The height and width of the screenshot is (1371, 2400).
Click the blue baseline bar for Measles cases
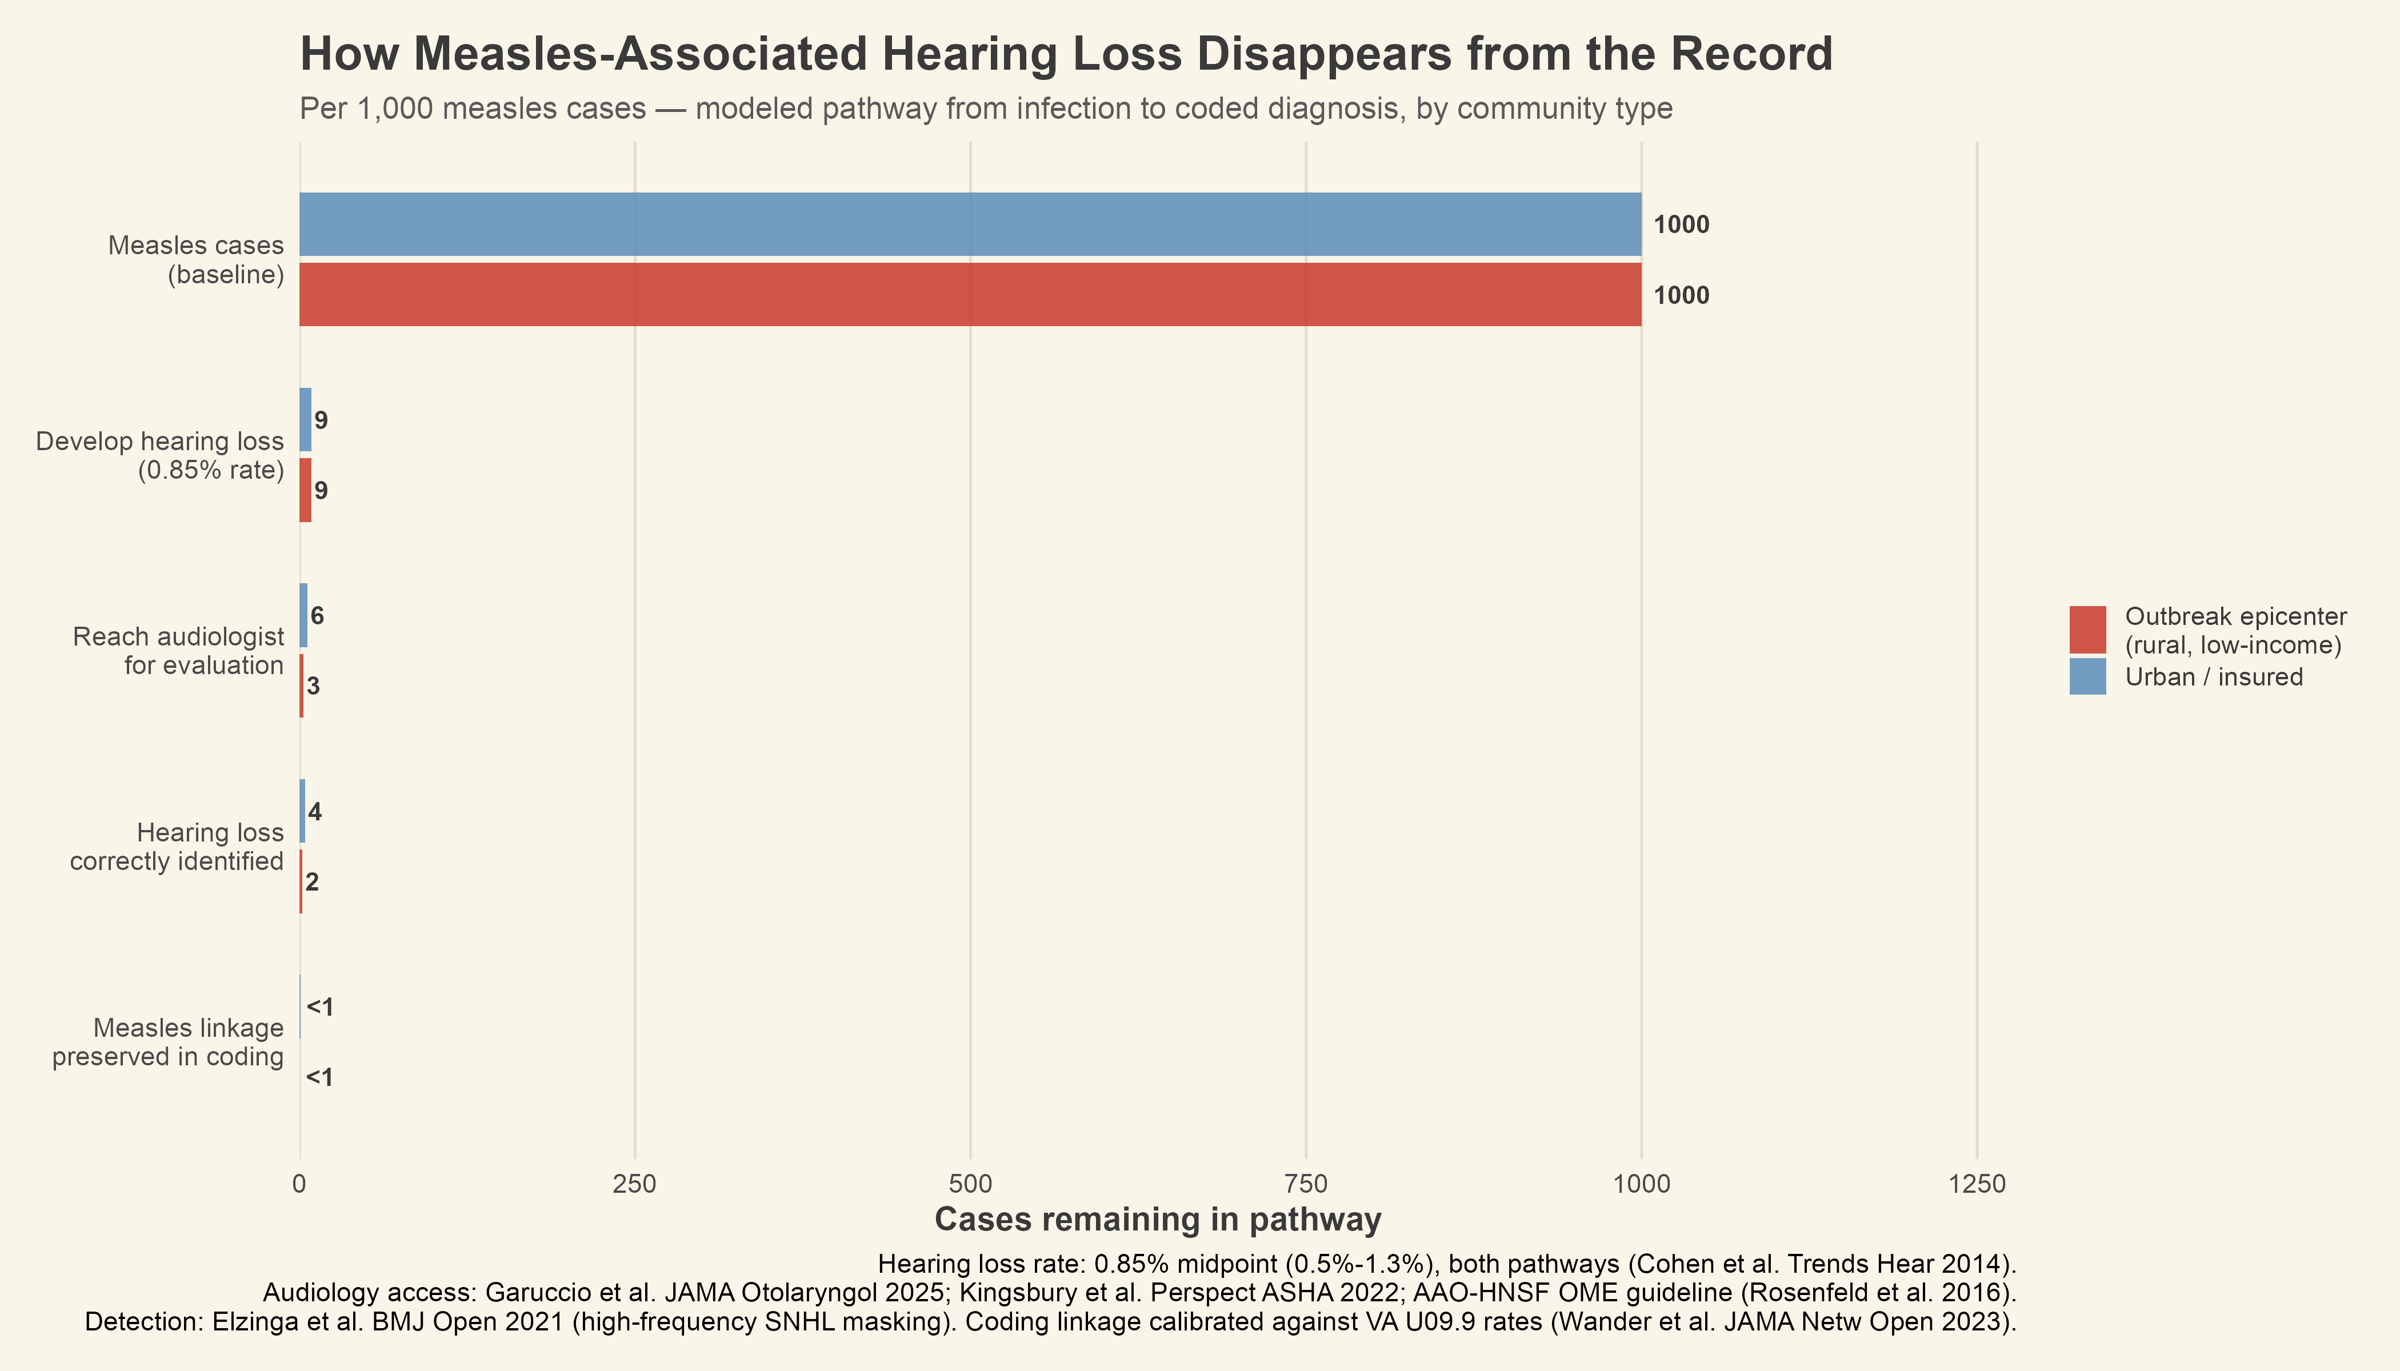(x=970, y=224)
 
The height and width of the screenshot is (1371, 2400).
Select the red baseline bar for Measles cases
(x=970, y=295)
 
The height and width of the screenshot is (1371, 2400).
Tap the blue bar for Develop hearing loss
(x=305, y=420)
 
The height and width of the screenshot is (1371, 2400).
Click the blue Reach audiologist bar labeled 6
(x=303, y=616)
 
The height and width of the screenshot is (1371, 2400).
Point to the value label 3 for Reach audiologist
(x=314, y=687)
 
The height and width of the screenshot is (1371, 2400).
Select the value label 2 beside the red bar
(x=313, y=883)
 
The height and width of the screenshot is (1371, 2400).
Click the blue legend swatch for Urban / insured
(x=2087, y=677)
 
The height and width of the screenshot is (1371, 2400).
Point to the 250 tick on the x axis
(x=635, y=1185)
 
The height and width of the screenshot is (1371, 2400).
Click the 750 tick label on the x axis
(x=1306, y=1185)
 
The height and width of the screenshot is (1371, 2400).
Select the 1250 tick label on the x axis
(x=1976, y=1185)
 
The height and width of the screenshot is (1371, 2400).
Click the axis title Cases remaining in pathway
(x=1158, y=1220)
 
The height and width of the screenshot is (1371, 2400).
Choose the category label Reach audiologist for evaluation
(x=178, y=651)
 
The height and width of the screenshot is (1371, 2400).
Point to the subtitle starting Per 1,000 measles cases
(x=985, y=109)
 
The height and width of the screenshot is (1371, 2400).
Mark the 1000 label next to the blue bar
(x=1681, y=225)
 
